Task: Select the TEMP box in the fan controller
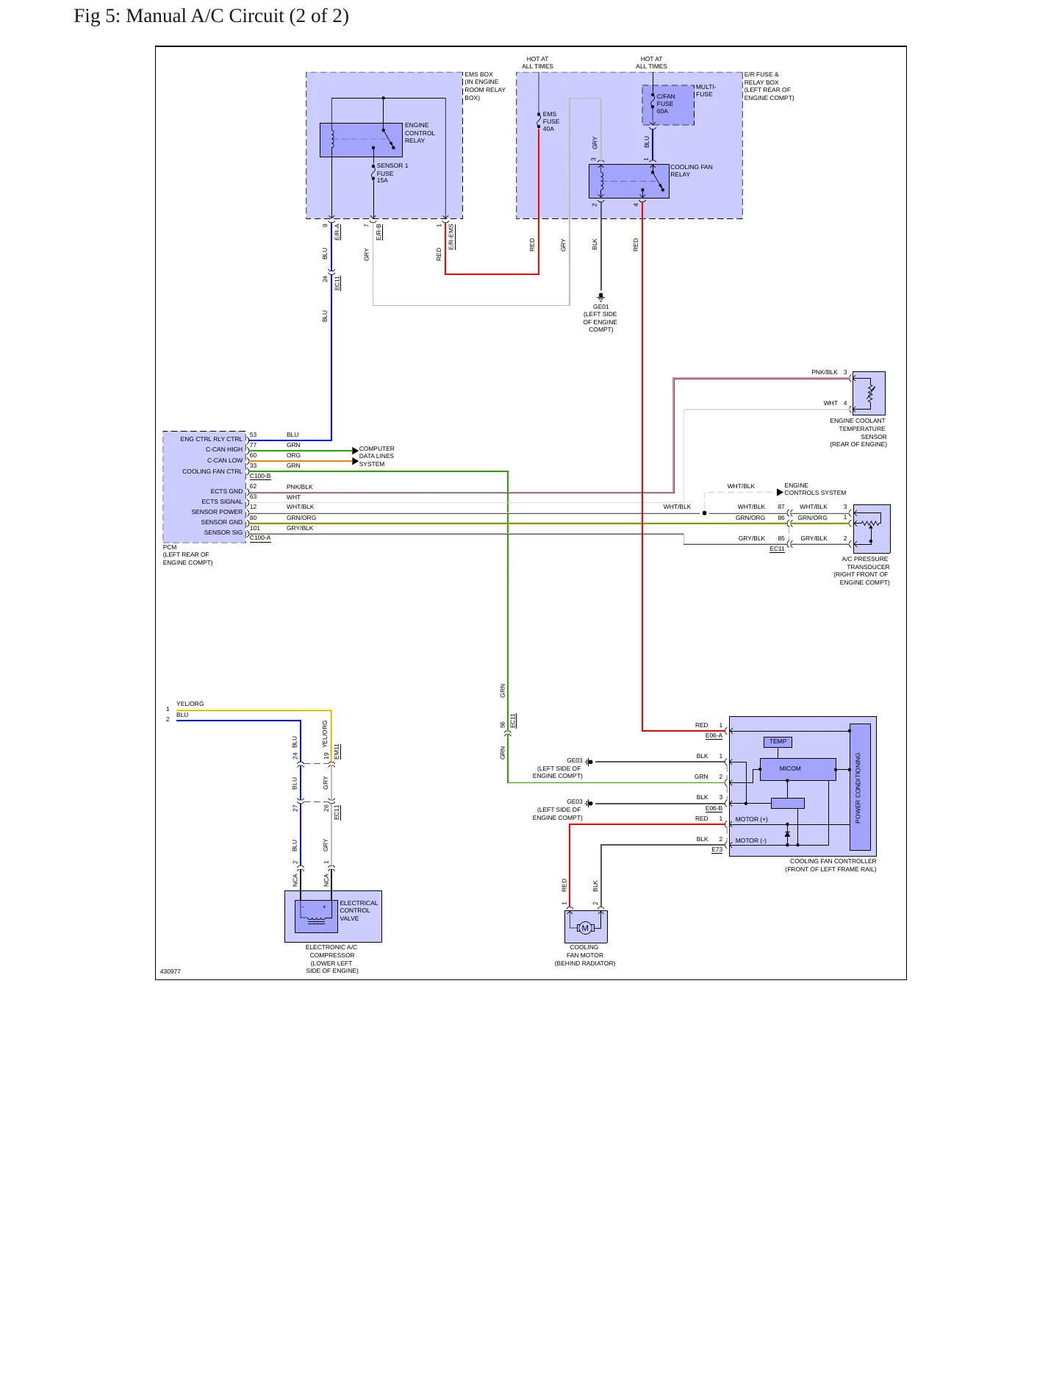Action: tap(778, 742)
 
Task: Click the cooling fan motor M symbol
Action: tap(585, 928)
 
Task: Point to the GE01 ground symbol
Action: tap(600, 296)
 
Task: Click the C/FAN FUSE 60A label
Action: tap(665, 104)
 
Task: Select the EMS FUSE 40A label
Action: tap(550, 121)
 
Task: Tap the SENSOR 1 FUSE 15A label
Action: tap(392, 173)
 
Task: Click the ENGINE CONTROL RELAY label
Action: tap(420, 133)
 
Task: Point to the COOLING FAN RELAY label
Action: tap(692, 171)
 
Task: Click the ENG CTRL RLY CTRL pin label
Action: tap(211, 439)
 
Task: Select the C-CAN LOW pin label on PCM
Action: tap(224, 460)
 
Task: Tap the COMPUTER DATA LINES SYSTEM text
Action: tap(376, 457)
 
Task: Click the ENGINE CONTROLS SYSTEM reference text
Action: tap(815, 489)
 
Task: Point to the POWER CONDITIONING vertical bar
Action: tap(860, 787)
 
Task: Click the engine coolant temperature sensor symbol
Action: tap(869, 393)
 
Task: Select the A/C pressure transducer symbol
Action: tap(872, 529)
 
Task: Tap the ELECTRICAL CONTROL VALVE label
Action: tap(359, 911)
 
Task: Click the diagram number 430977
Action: tap(171, 971)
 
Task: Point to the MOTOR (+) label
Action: tap(751, 819)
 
